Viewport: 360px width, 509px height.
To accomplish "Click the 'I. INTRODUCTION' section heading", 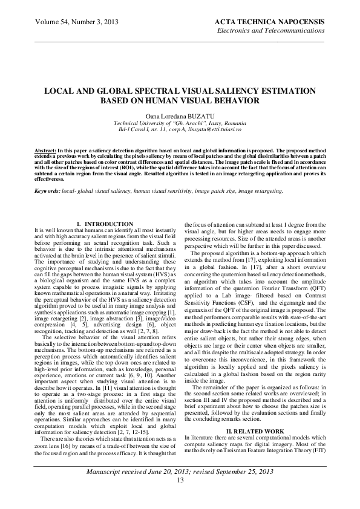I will pyautogui.click(x=109, y=207).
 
